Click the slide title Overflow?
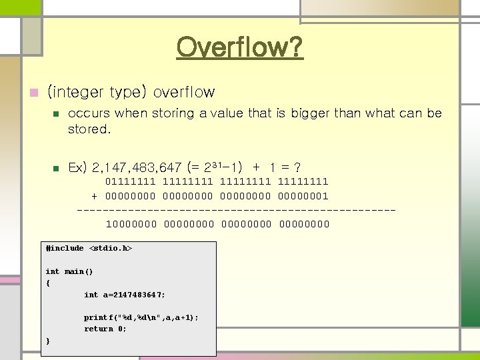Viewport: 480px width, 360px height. [240, 47]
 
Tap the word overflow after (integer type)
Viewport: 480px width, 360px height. [184, 92]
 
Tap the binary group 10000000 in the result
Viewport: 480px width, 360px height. [131, 224]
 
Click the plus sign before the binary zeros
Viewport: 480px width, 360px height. [94, 196]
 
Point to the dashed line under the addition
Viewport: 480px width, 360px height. [237, 210]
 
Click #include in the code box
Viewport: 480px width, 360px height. [65, 248]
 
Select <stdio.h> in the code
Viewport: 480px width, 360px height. [111, 248]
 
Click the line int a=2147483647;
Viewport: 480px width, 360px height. [125, 294]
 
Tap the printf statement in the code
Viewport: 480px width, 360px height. [141, 317]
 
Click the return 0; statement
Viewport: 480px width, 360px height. [105, 329]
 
